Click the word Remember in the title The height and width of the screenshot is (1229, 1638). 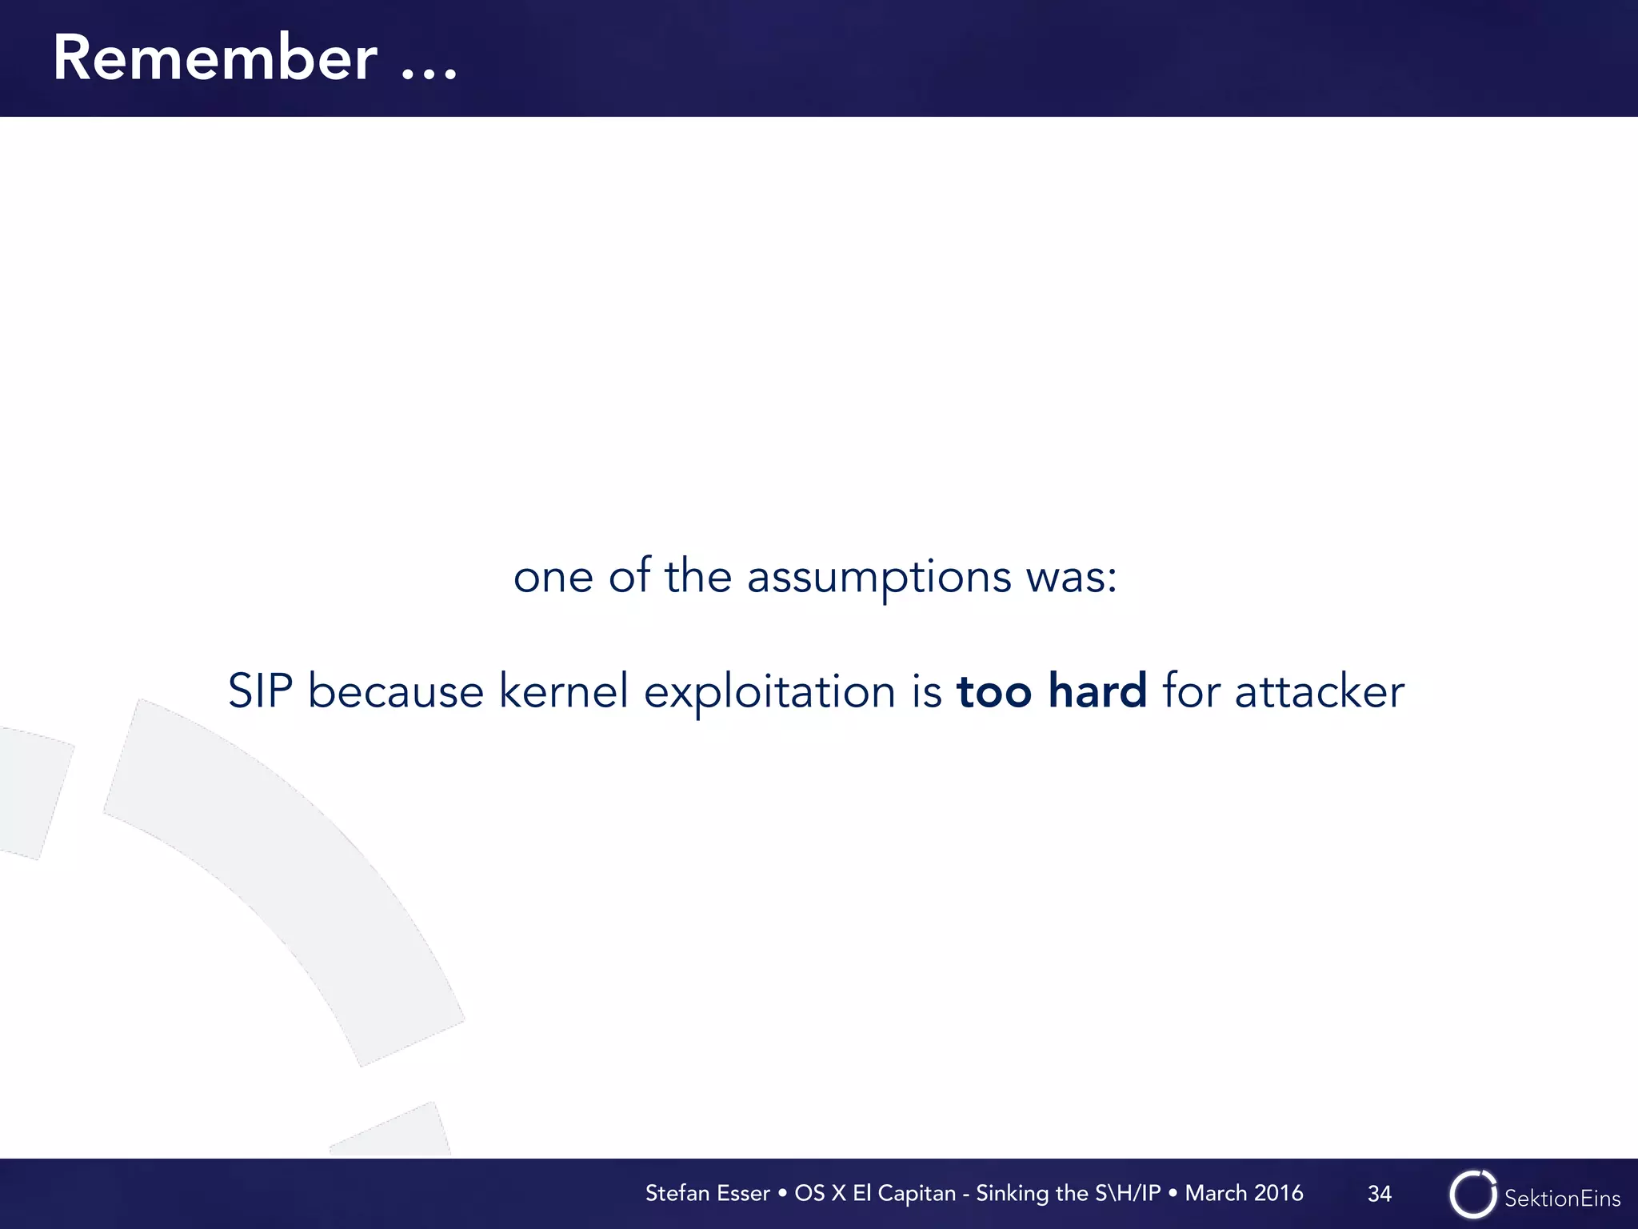tap(214, 58)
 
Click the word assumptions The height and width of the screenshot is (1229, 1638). tap(879, 578)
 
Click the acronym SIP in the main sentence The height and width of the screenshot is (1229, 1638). tap(260, 691)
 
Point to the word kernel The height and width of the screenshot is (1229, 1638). tap(564, 691)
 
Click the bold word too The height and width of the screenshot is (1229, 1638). tap(994, 691)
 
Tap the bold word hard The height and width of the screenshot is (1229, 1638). tap(1097, 691)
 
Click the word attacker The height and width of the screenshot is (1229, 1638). tap(1319, 691)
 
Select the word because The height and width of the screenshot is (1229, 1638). tap(396, 691)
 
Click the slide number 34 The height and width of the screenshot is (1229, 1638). tap(1379, 1194)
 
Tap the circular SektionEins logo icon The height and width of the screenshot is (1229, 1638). tap(1472, 1194)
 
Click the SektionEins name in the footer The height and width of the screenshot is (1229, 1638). tap(1562, 1198)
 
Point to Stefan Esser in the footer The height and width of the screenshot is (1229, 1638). tap(707, 1193)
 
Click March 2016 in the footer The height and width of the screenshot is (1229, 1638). tap(1244, 1193)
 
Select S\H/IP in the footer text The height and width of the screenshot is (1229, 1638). tap(1128, 1193)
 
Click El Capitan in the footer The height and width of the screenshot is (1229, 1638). tap(904, 1193)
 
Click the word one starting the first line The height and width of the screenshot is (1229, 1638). tap(553, 578)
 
